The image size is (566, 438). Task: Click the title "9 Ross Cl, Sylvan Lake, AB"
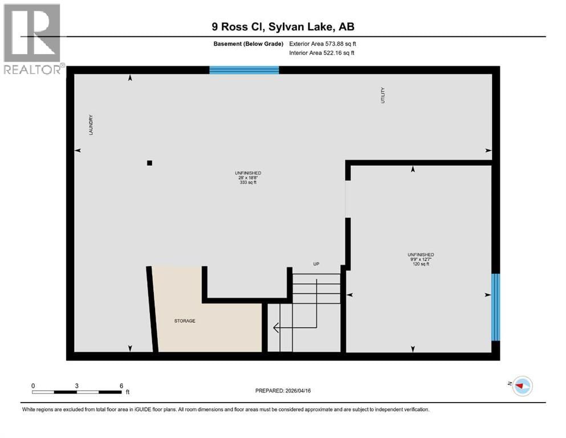[x=283, y=27]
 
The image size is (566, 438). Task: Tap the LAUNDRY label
[x=90, y=125]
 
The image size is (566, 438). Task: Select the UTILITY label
[x=383, y=95]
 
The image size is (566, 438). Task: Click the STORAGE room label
[x=185, y=321]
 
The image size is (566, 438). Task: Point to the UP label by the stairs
[x=316, y=264]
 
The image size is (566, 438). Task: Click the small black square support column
[x=149, y=163]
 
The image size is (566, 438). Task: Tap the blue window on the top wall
[x=244, y=70]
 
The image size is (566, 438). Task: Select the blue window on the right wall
[x=495, y=307]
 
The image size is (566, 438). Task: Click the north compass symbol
[x=522, y=386]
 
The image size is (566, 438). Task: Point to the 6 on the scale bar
[x=121, y=386]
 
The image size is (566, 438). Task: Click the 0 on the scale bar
[x=33, y=386]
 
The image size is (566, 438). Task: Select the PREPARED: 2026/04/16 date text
[x=283, y=391]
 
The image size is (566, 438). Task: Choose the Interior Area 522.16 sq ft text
[x=322, y=52]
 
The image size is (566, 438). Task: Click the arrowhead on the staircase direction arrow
[x=276, y=328]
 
